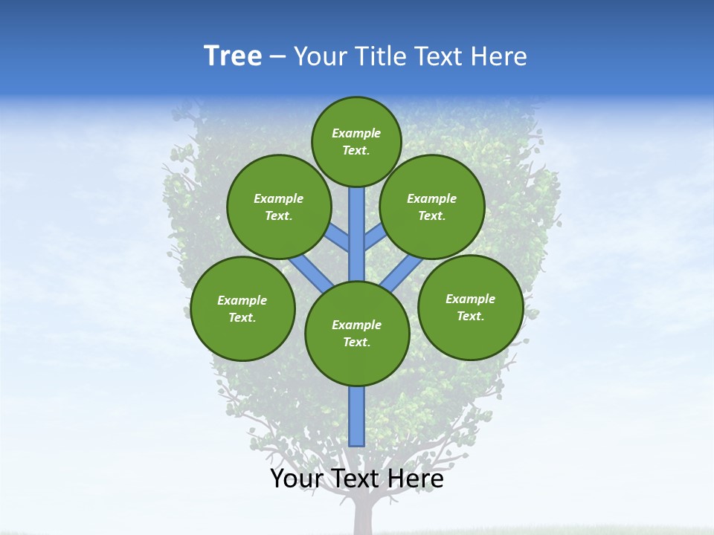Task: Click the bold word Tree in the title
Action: point(233,56)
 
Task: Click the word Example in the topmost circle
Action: point(356,133)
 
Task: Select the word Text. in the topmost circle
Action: point(356,150)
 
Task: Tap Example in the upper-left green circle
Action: point(279,198)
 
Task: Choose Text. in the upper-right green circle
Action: point(432,215)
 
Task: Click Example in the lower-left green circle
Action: point(242,300)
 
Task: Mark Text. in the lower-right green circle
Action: point(471,316)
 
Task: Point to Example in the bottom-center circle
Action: point(357,325)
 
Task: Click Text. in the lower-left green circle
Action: point(242,317)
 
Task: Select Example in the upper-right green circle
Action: point(432,198)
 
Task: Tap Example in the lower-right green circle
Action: point(471,299)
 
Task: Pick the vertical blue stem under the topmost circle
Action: point(356,230)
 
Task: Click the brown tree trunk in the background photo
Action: point(363,516)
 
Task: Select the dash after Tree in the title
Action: point(277,56)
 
